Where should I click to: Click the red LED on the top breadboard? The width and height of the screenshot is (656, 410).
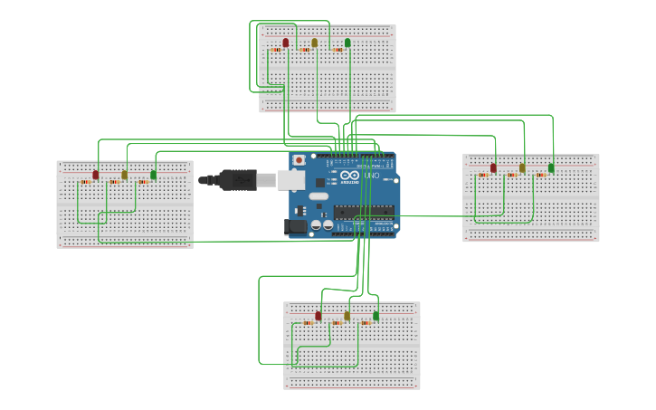tap(286, 43)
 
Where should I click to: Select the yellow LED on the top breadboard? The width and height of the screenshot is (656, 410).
tap(315, 43)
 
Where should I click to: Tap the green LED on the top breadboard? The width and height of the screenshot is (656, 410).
tap(347, 43)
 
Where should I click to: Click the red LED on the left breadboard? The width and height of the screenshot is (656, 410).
tap(96, 174)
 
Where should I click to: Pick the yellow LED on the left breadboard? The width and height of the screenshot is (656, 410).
tap(125, 174)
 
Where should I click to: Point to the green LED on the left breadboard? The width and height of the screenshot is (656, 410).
tap(154, 174)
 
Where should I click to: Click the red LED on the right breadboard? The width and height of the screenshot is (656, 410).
tap(493, 167)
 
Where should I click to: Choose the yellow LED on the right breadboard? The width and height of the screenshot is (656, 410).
tap(522, 167)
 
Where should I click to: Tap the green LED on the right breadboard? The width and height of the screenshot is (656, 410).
tap(551, 167)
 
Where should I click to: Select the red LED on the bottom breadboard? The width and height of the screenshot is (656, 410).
tap(318, 316)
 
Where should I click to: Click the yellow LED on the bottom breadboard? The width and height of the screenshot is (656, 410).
tap(347, 316)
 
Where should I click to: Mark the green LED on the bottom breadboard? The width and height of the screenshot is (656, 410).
tap(376, 316)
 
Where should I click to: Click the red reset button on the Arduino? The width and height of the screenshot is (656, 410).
tap(299, 160)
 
